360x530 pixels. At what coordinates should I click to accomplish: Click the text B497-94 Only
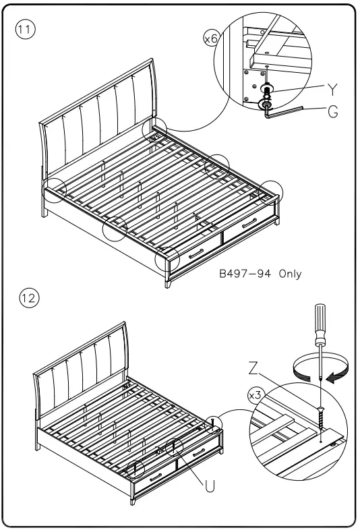(260, 274)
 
